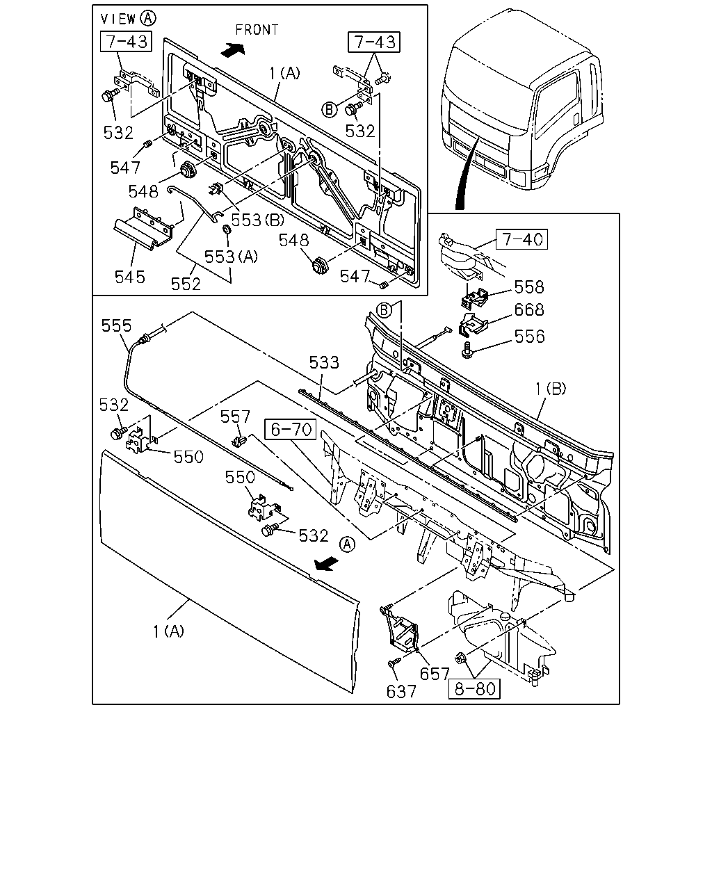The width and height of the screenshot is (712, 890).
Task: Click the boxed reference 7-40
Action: click(x=521, y=239)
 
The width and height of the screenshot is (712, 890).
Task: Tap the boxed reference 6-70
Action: click(x=291, y=429)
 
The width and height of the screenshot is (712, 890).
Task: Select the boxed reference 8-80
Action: click(x=474, y=688)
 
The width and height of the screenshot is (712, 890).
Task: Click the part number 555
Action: click(x=116, y=325)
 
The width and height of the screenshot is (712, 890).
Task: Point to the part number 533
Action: click(x=324, y=362)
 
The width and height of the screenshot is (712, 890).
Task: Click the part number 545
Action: click(x=129, y=277)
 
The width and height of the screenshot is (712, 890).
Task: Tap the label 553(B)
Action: click(x=257, y=220)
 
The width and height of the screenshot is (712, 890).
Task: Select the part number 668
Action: click(x=529, y=310)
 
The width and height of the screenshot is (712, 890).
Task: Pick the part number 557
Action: click(x=235, y=416)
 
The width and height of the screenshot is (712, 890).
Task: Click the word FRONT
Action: click(x=257, y=30)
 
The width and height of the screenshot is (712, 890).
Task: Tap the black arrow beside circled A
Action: click(x=326, y=563)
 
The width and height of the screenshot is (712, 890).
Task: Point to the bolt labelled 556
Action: click(x=467, y=350)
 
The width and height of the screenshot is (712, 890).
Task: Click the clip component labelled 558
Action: click(x=474, y=298)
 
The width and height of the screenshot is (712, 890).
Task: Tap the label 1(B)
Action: click(x=550, y=389)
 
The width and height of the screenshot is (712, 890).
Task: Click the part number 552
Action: click(x=186, y=284)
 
